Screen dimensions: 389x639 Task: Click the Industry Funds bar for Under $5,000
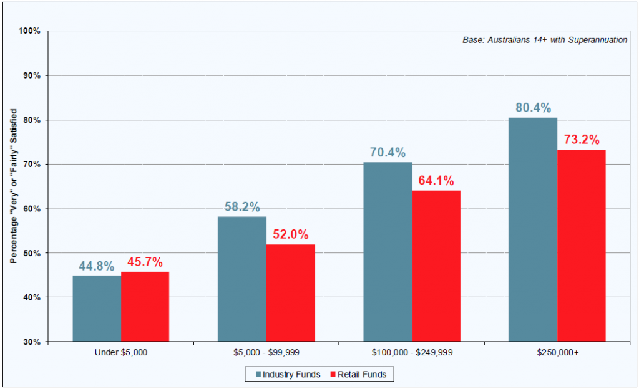point(97,309)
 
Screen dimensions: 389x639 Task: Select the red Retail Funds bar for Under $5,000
point(145,307)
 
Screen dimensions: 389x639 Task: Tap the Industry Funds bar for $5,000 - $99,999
point(241,279)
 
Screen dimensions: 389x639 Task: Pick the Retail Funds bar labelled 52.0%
point(290,293)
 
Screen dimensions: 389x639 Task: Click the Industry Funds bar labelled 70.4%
point(388,252)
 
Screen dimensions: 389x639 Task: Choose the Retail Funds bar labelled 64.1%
point(436,266)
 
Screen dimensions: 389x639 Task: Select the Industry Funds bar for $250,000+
point(533,229)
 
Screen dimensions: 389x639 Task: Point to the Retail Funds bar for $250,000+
point(582,246)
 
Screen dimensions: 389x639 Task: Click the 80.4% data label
point(534,108)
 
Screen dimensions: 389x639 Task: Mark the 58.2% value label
point(242,207)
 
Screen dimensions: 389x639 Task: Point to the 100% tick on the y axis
point(30,31)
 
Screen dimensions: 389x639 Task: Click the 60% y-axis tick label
point(32,209)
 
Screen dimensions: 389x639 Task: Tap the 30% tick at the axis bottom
point(32,342)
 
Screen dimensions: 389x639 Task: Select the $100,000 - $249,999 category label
point(412,353)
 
